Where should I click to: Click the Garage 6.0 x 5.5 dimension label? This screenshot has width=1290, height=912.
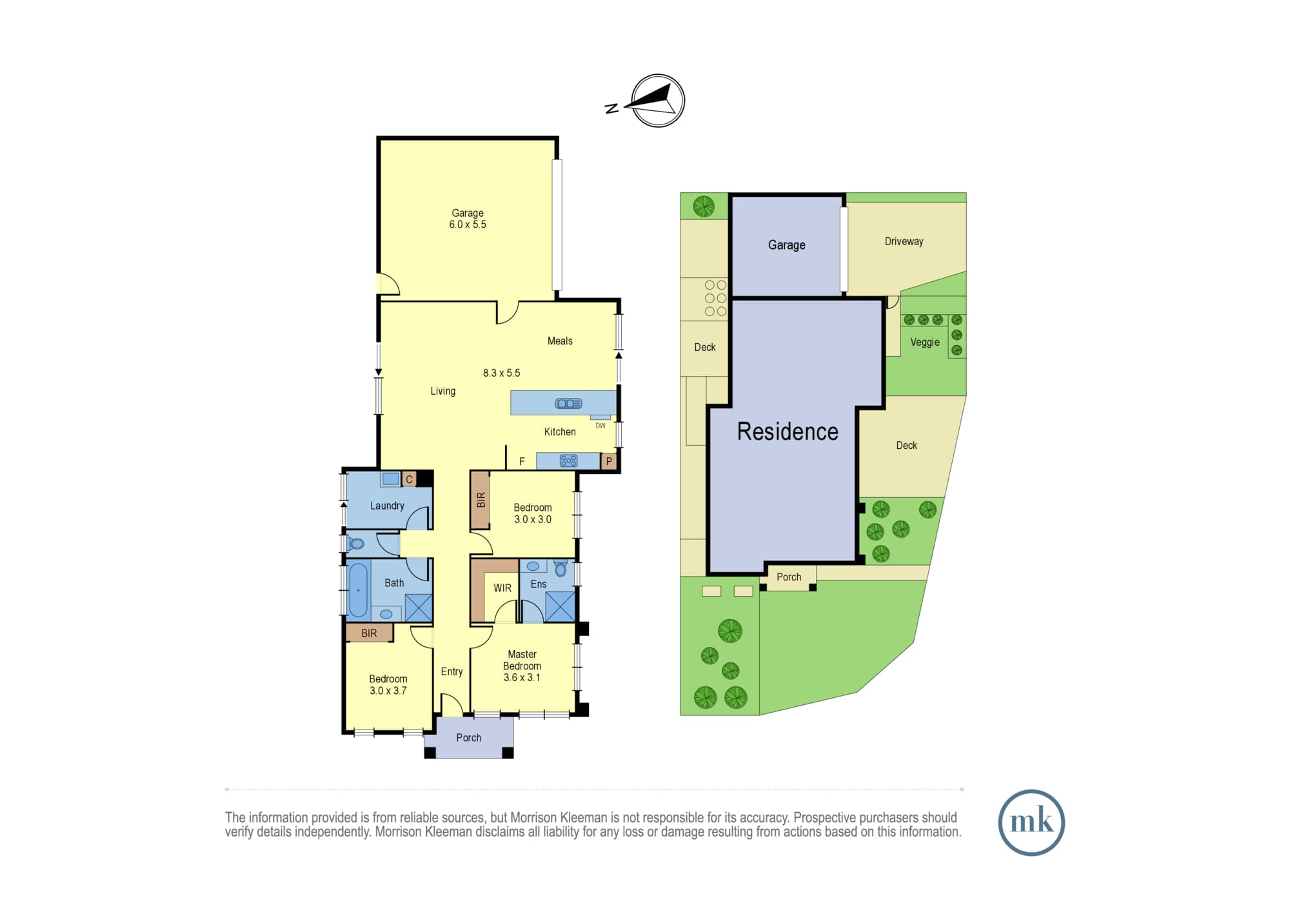click(468, 219)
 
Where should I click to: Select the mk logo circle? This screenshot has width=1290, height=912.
click(1031, 822)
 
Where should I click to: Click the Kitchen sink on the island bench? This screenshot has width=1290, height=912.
click(568, 404)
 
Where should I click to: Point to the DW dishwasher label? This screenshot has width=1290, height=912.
click(600, 426)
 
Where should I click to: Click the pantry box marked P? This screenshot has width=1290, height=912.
click(609, 461)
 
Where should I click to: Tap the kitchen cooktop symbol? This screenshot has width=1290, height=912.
click(568, 461)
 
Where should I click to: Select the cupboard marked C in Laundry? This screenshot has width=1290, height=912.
click(409, 479)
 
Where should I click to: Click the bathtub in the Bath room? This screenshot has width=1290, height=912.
click(358, 590)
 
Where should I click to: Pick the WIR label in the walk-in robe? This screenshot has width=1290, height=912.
click(502, 588)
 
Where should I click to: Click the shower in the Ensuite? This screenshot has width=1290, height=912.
click(560, 606)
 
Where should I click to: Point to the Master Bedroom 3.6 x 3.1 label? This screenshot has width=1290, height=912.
click(522, 666)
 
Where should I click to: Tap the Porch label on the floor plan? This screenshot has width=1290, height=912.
click(469, 738)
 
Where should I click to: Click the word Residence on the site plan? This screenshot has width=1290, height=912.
click(788, 431)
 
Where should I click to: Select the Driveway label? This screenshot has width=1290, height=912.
click(904, 242)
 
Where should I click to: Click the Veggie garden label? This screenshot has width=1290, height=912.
click(925, 342)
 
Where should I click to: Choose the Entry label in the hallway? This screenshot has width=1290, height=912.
click(451, 671)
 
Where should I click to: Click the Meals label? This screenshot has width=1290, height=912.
click(560, 341)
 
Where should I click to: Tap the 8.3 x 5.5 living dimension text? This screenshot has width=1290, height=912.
click(501, 373)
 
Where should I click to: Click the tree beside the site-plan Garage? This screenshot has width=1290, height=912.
click(704, 206)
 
